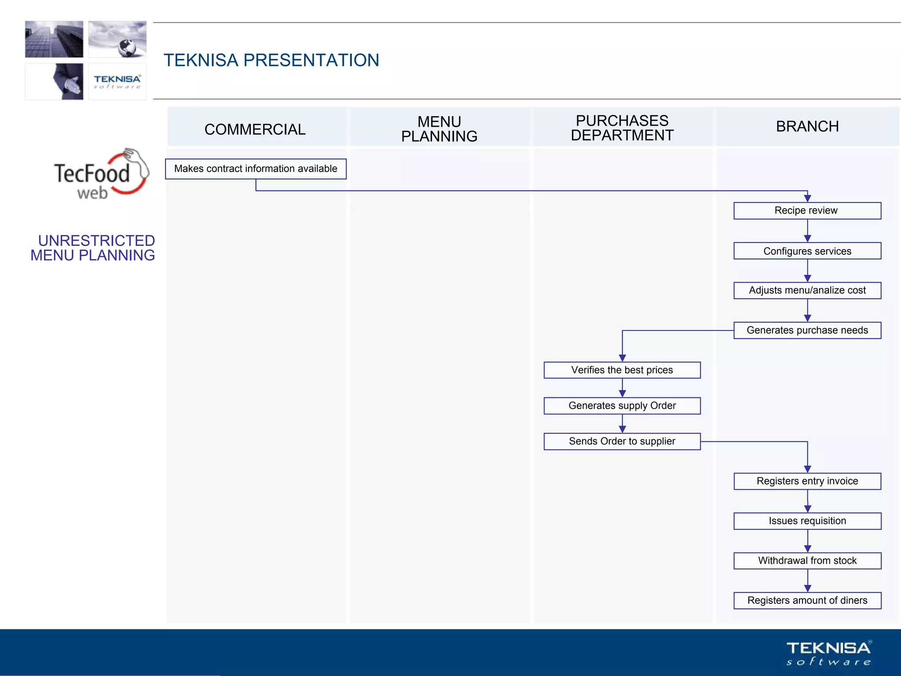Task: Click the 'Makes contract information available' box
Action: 256,169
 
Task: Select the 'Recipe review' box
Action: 807,211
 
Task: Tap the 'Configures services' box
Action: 807,251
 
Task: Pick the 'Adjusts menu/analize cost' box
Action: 807,290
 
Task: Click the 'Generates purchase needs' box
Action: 807,331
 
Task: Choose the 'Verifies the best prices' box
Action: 622,370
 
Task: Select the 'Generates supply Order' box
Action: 622,406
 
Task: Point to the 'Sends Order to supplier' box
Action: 622,441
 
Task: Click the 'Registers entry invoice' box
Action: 807,481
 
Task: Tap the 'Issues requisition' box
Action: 807,521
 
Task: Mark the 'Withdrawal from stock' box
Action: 807,561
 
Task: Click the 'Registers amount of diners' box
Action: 807,601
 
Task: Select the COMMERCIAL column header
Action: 255,129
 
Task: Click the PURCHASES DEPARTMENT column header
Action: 622,128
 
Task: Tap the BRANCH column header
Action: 807,127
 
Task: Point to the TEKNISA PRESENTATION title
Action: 271,60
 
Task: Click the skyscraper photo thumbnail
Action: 54,39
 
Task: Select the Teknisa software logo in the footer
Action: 828,653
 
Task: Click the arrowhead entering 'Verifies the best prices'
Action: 622,358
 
